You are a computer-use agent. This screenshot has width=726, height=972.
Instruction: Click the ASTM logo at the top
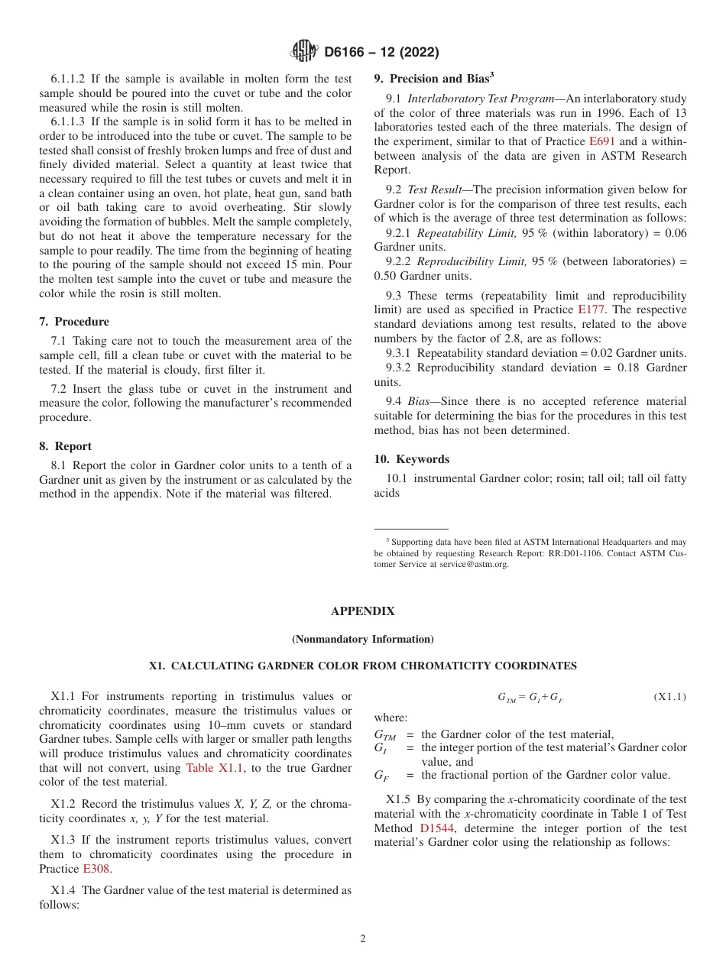pyautogui.click(x=303, y=52)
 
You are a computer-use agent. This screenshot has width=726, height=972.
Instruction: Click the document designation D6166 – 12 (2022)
pyautogui.click(x=381, y=53)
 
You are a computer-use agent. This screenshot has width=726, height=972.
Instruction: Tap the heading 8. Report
pyautogui.click(x=66, y=446)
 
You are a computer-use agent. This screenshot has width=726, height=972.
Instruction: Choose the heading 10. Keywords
pyautogui.click(x=412, y=459)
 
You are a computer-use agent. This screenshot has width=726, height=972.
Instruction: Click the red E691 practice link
pyautogui.click(x=601, y=141)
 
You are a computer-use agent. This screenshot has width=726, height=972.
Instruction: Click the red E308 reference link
pyautogui.click(x=96, y=869)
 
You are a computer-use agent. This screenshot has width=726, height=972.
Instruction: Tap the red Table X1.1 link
pyautogui.click(x=210, y=768)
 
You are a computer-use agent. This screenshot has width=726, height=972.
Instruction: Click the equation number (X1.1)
pyautogui.click(x=669, y=697)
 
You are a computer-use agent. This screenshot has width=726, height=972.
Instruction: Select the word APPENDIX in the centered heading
pyautogui.click(x=363, y=611)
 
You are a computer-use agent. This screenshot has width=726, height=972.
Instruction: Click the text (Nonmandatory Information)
pyautogui.click(x=363, y=639)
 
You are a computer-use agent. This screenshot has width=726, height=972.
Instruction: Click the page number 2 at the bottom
pyautogui.click(x=363, y=939)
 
